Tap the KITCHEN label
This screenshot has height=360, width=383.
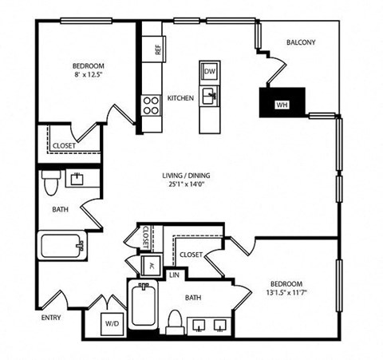click(x=180, y=97)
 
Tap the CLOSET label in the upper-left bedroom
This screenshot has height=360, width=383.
click(x=65, y=145)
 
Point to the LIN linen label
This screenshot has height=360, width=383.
click(x=174, y=275)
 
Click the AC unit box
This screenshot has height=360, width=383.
click(x=148, y=266)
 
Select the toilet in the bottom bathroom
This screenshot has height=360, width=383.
click(x=175, y=320)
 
